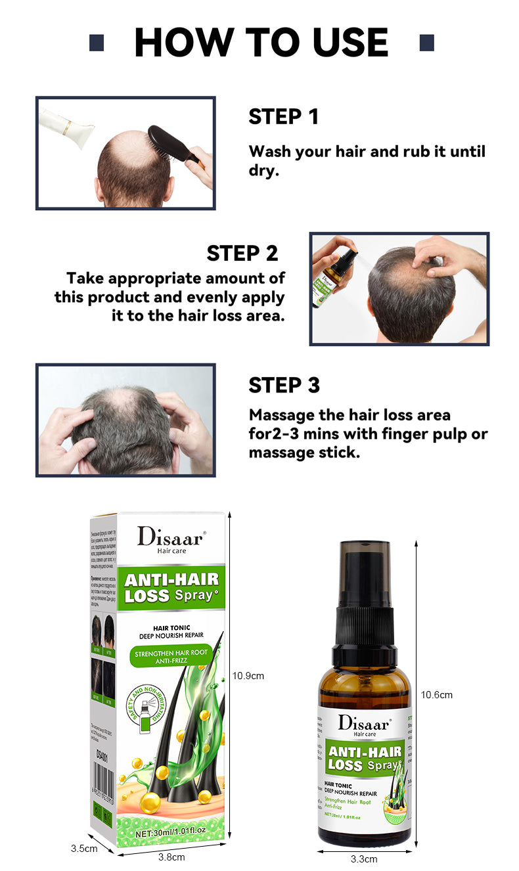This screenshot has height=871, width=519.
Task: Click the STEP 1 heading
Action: tap(283, 117)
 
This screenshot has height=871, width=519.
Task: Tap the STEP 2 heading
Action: tap(242, 253)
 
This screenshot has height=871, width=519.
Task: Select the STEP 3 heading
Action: tap(284, 386)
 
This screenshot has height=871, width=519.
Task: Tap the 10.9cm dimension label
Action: tap(248, 675)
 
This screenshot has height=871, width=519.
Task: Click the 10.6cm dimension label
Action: tap(436, 695)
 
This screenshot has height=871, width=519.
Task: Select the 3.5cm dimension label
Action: tap(84, 848)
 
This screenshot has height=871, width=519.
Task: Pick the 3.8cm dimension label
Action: tap(171, 857)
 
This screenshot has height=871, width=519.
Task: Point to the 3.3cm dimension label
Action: tap(364, 859)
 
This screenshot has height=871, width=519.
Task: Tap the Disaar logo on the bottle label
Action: tap(363, 723)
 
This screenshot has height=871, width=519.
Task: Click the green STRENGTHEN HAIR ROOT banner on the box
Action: tap(171, 657)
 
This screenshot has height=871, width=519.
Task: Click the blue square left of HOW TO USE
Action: tap(97, 43)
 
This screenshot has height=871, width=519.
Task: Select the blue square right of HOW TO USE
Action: tap(426, 43)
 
